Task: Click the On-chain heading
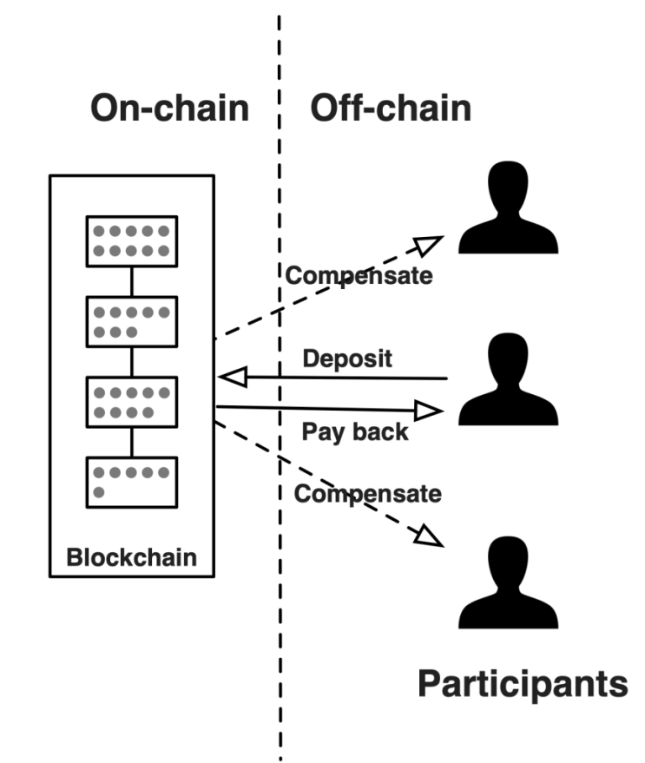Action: point(170,109)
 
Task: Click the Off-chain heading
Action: point(391,109)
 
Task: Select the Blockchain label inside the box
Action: point(131,556)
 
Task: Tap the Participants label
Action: point(522,684)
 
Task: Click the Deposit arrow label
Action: point(347,358)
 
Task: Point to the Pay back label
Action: point(355,431)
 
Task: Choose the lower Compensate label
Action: point(367,494)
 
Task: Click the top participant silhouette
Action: point(508,212)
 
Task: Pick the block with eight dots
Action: point(130,322)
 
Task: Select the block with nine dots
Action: point(130,402)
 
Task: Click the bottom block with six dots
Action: point(130,482)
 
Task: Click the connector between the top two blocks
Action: point(131,281)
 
